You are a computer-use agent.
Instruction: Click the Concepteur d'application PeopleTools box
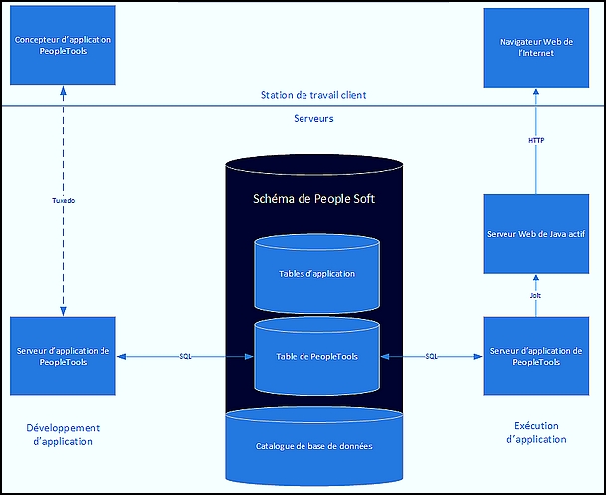tap(63, 45)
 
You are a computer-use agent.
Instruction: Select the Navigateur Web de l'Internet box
tap(536, 48)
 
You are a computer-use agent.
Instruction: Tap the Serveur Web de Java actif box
tap(536, 234)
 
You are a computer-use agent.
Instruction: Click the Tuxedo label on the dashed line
tap(64, 201)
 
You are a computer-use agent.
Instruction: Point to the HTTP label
tap(536, 140)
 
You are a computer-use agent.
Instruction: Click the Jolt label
tap(535, 295)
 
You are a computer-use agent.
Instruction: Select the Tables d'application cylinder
tap(316, 273)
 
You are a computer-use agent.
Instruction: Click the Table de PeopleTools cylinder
tap(316, 356)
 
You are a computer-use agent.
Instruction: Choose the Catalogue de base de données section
tap(314, 446)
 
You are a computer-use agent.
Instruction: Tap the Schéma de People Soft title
tap(313, 199)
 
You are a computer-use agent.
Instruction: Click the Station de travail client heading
tap(313, 95)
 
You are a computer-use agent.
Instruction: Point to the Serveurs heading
tap(313, 118)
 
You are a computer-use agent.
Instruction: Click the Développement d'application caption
tap(63, 434)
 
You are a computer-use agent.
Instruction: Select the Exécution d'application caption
tap(536, 432)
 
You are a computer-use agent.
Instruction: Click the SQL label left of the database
tap(185, 356)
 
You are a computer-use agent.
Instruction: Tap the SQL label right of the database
tap(431, 356)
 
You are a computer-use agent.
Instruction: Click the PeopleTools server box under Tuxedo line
tap(63, 357)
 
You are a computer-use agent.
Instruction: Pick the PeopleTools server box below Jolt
tap(536, 357)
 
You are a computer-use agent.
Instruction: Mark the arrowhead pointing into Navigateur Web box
tap(536, 92)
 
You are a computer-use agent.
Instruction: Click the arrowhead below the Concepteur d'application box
tap(63, 91)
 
